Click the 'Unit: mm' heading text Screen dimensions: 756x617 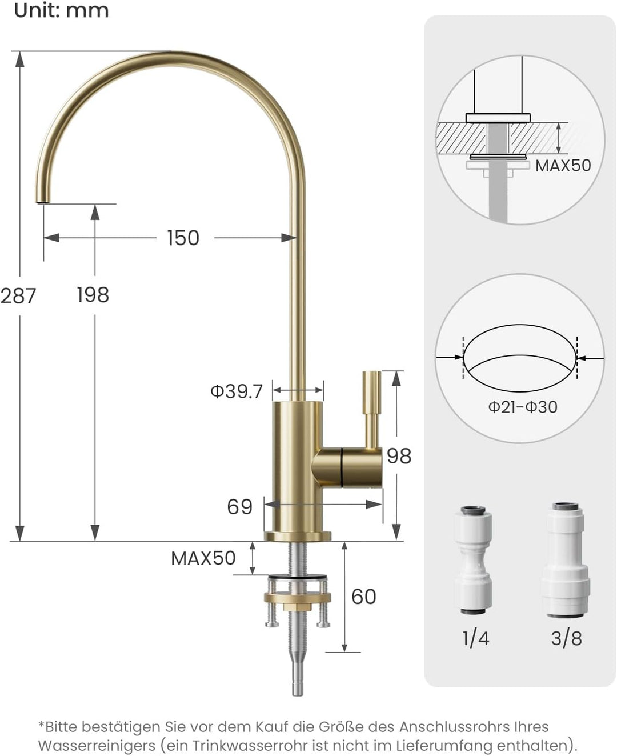click(61, 10)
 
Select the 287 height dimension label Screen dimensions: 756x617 click(18, 295)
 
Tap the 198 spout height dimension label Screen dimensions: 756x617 click(93, 295)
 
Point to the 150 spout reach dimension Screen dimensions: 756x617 click(183, 238)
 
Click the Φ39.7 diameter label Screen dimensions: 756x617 click(237, 391)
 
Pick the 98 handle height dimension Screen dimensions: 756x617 click(399, 456)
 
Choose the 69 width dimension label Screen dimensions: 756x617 click(239, 507)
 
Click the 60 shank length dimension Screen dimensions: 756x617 click(363, 597)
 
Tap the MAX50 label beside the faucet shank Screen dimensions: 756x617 click(203, 558)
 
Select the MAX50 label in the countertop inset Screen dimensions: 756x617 click(563, 165)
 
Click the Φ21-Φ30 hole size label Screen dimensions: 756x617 click(522, 407)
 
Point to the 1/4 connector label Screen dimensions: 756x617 click(475, 638)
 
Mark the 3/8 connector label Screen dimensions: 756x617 click(566, 638)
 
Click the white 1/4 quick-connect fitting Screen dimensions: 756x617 click(473, 560)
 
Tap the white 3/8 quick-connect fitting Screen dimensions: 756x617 click(566, 560)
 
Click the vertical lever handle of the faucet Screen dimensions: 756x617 click(372, 406)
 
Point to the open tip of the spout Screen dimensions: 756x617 click(42, 201)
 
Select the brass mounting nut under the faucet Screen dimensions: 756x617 click(297, 598)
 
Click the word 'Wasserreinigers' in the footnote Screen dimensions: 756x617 click(97, 746)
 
